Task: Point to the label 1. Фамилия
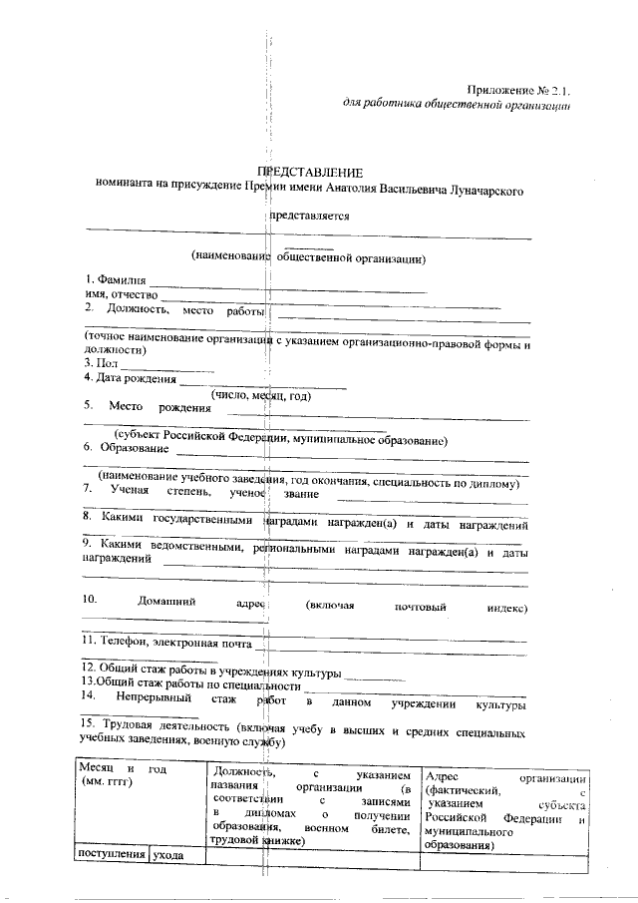click(116, 278)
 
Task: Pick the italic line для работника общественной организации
click(456, 105)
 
